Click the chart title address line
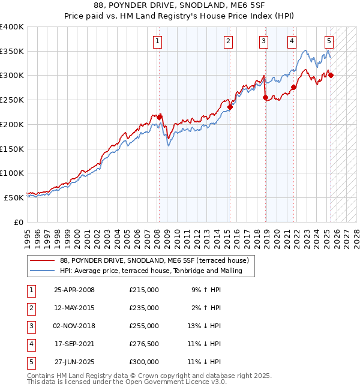(x=180, y=5)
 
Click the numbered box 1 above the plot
(x=157, y=41)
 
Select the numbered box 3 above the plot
(x=264, y=41)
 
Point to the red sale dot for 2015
(x=229, y=108)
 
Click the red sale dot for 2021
(x=293, y=88)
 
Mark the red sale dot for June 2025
(x=331, y=75)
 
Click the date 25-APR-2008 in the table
(x=74, y=290)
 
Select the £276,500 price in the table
(x=144, y=344)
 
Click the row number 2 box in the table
(x=31, y=308)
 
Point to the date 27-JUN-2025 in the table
(x=74, y=362)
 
